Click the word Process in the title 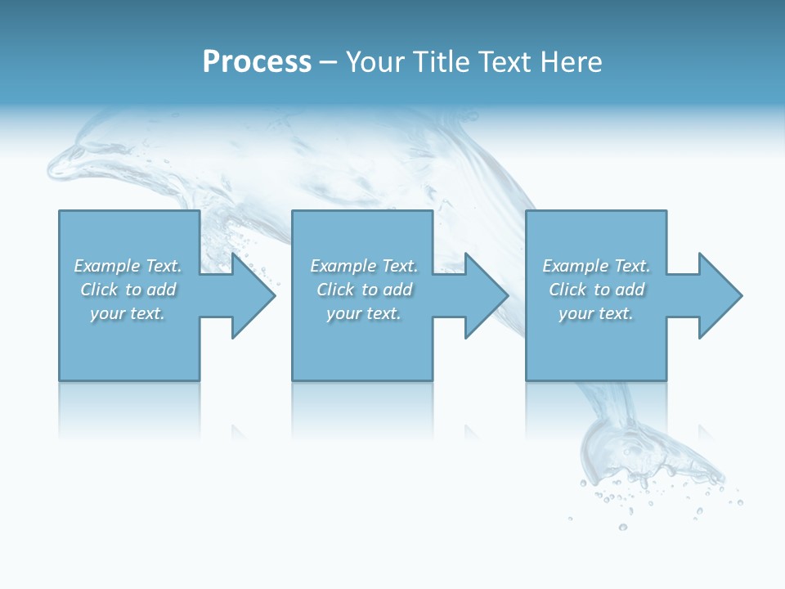257,62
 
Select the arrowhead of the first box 252,295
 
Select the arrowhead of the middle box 485,295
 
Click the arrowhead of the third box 719,295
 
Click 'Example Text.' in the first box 128,266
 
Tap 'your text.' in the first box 128,313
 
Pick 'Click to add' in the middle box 364,290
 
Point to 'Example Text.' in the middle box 364,266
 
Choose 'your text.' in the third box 596,313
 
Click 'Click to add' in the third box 596,290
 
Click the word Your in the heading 374,62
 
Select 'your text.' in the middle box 364,313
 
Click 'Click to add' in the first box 128,290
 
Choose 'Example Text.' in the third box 596,266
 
